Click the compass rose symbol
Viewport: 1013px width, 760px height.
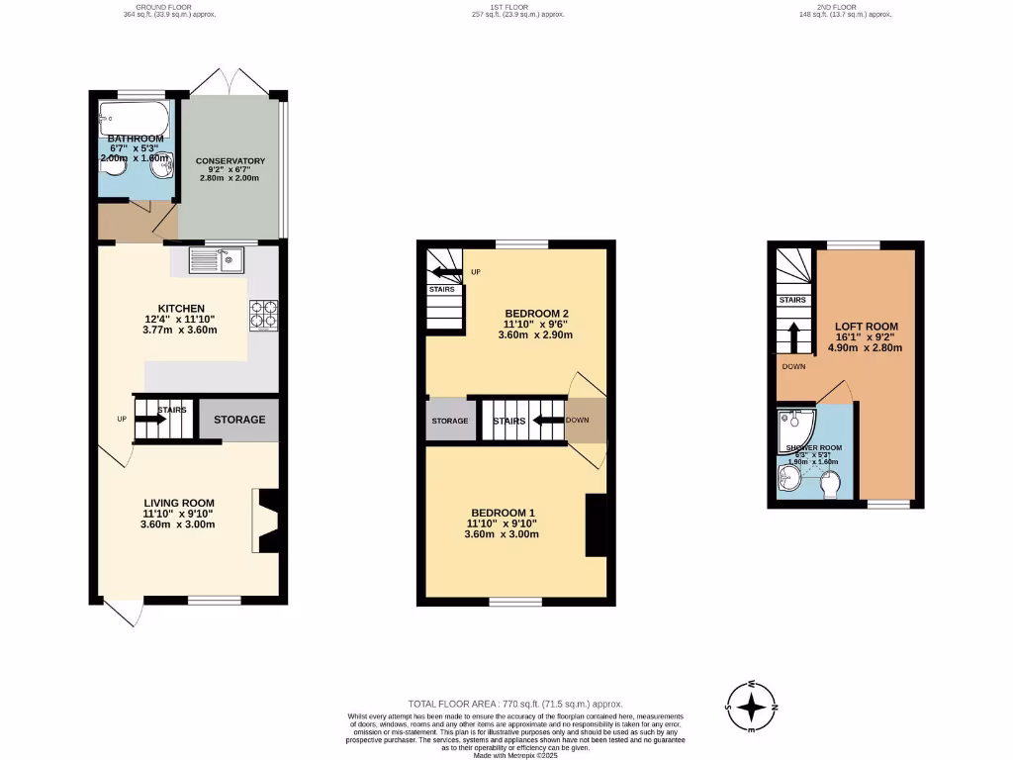(752, 707)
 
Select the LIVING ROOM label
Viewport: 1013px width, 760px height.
(178, 502)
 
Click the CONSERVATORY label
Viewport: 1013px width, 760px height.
(230, 160)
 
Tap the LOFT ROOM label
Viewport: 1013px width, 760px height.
(867, 327)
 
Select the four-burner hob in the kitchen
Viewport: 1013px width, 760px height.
(263, 314)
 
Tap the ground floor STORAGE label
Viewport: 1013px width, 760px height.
(239, 420)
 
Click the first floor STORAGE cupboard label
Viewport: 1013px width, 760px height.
(449, 421)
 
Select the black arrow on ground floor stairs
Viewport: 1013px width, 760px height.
(149, 419)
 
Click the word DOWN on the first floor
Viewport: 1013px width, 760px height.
(577, 421)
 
